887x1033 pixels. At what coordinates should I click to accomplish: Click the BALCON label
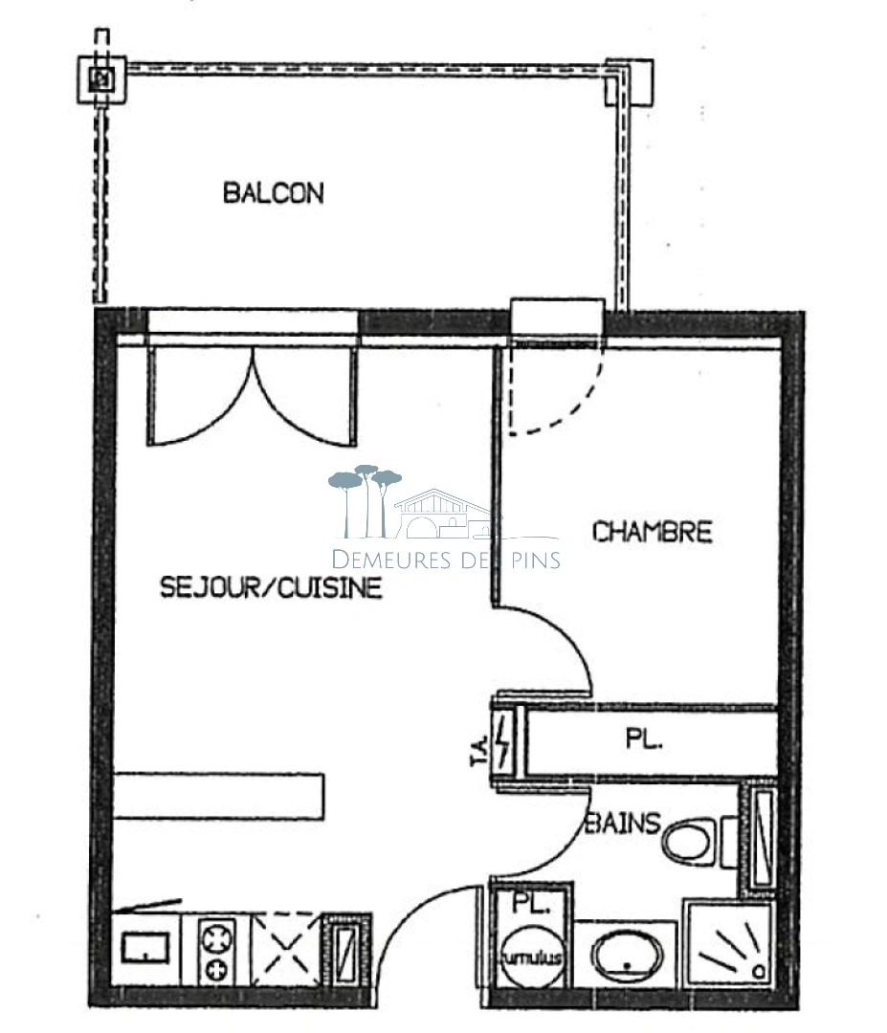pyautogui.click(x=273, y=193)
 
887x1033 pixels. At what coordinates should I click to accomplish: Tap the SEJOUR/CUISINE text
pyautogui.click(x=271, y=587)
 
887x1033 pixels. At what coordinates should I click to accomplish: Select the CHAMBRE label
pyautogui.click(x=652, y=532)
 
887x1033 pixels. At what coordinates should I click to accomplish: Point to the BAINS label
pyautogui.click(x=623, y=823)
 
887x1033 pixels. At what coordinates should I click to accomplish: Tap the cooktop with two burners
pyautogui.click(x=217, y=949)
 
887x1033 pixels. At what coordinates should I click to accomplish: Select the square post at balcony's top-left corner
pyautogui.click(x=101, y=79)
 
